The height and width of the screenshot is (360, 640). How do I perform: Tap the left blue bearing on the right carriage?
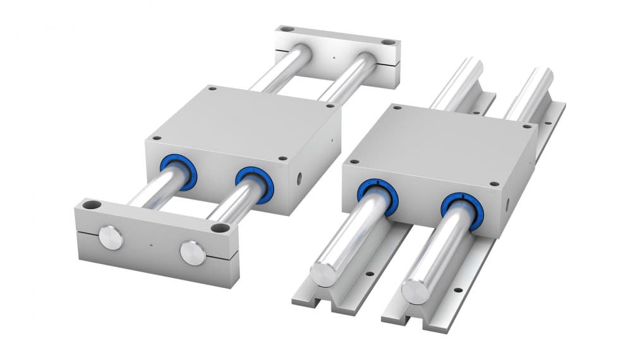click(x=377, y=196)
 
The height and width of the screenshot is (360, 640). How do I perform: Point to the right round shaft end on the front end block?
click(x=192, y=252)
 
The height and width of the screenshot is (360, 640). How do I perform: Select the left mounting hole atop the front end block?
click(x=92, y=205)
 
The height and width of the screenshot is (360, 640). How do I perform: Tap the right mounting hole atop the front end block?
click(x=220, y=227)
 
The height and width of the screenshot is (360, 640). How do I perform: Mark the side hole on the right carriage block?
click(x=505, y=204)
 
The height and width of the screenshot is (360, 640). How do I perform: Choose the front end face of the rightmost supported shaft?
click(x=415, y=291)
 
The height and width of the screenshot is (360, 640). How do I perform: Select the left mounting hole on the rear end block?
click(x=286, y=29)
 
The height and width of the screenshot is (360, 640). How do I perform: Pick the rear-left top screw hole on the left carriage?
click(x=212, y=89)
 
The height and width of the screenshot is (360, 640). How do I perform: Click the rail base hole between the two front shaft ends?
click(x=369, y=275)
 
